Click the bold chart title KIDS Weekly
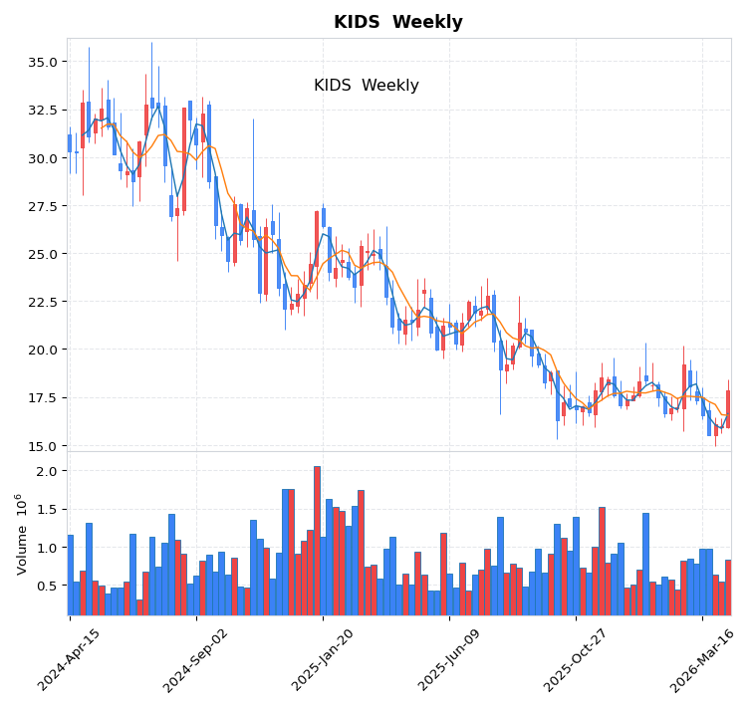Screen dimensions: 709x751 click(397, 22)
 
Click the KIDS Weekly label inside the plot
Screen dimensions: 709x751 click(367, 86)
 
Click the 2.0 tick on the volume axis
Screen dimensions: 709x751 click(48, 470)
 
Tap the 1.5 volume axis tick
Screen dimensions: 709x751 click(48, 509)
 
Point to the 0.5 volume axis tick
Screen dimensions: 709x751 click(48, 586)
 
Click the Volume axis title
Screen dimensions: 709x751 click(21, 534)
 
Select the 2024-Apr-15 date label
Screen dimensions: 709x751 click(69, 659)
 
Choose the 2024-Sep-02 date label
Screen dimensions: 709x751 click(195, 659)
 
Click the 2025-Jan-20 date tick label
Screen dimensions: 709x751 click(322, 659)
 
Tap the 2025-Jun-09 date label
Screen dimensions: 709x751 click(448, 659)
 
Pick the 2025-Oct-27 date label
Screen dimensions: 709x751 click(575, 659)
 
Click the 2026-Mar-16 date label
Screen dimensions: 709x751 click(701, 659)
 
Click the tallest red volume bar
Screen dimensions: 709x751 click(317, 540)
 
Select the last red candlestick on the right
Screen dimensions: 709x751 click(728, 408)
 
